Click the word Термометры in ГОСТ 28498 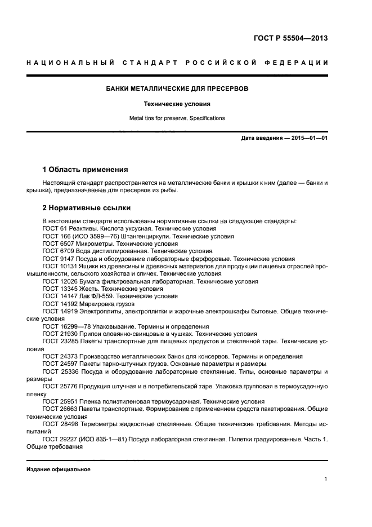(x=102, y=423)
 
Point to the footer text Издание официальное (x=59, y=469)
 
